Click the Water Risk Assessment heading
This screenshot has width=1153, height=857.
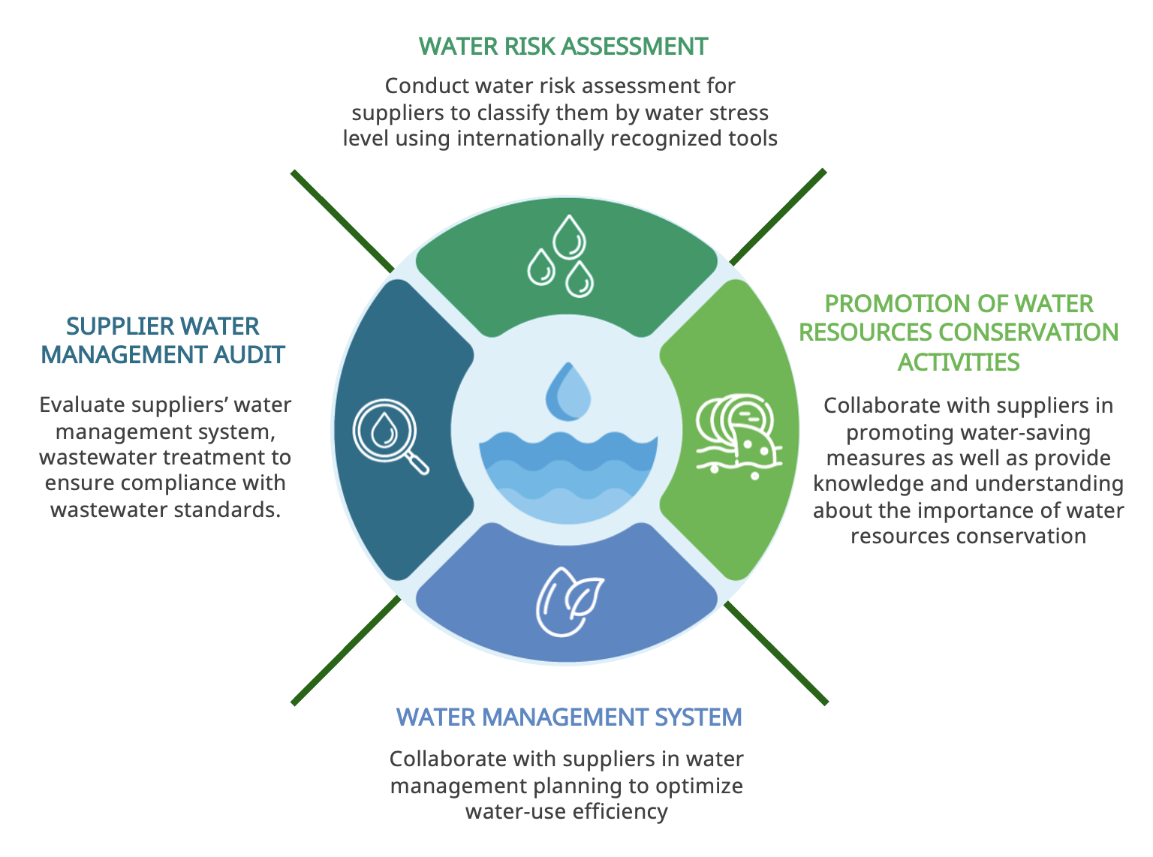[x=563, y=47]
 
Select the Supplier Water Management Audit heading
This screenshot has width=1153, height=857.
[x=163, y=340]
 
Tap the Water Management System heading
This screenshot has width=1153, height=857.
[x=569, y=717]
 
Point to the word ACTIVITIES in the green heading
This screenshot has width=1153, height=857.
[x=959, y=362]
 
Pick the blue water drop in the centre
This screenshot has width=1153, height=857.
[x=568, y=392]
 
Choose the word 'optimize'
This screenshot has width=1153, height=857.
[x=699, y=786]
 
